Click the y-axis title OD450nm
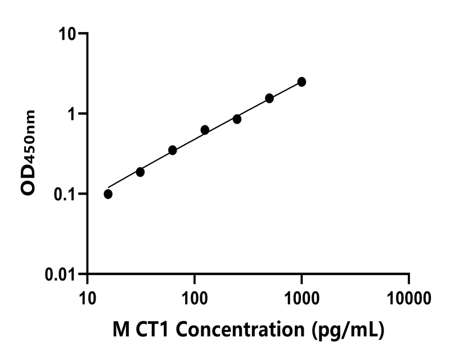pos(29,153)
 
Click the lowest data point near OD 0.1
pos(108,194)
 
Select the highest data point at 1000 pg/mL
pos(301,82)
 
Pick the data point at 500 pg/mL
pos(269,98)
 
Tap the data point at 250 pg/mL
pos(237,119)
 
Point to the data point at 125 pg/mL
pos(205,130)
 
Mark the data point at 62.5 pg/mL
pos(173,150)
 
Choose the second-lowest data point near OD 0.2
pos(140,172)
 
